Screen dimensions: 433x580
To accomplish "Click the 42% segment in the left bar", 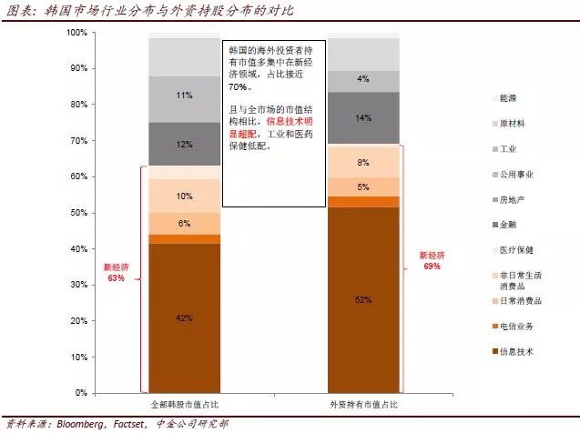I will coord(184,318).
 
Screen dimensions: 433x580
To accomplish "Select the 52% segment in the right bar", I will coord(362,300).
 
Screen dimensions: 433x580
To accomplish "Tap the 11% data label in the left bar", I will coord(184,95).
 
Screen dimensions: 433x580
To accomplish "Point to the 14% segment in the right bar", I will coord(362,118).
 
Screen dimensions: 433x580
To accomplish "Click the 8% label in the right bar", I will coord(362,162).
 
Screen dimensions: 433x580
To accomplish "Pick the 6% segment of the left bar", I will coord(184,223).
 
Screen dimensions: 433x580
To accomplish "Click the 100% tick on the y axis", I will coord(76,33).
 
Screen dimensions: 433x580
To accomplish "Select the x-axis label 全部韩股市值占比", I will coord(185,403).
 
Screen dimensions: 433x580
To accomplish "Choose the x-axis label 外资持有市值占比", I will coord(363,403).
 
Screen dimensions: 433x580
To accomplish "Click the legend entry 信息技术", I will coord(517,351).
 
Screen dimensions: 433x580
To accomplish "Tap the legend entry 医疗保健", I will coord(516,249).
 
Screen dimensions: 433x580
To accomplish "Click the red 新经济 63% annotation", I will coord(115,273).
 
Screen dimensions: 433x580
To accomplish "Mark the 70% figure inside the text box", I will coord(240,88).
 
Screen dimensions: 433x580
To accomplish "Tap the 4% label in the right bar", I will coord(362,79).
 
